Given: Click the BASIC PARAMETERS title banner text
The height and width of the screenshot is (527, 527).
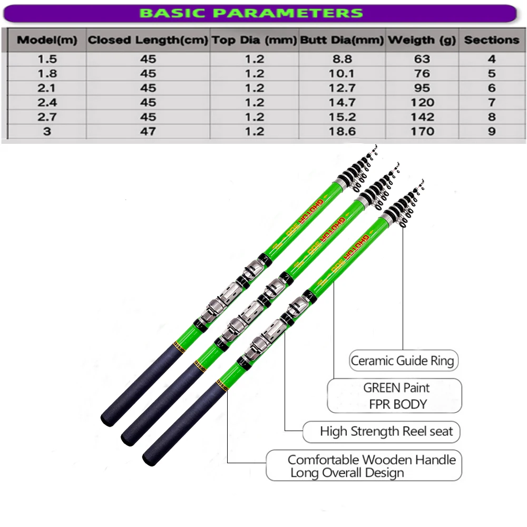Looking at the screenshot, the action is [x=251, y=13].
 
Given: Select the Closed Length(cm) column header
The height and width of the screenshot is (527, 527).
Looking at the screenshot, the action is [x=148, y=40].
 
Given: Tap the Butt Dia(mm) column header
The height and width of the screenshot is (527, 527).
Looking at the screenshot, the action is [x=342, y=40].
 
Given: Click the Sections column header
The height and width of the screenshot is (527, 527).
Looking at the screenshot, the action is [x=492, y=40].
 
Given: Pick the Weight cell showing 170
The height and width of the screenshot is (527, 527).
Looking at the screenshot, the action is [x=422, y=131].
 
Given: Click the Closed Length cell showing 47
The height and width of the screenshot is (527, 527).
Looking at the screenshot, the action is [x=148, y=131].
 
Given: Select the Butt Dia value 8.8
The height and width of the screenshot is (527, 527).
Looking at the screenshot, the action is [x=342, y=59].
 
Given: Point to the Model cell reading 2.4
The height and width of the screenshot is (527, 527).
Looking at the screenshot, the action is [x=47, y=103].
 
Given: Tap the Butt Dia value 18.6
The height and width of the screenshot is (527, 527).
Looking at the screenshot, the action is [x=342, y=131].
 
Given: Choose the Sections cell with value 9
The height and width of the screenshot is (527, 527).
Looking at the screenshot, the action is [x=492, y=131].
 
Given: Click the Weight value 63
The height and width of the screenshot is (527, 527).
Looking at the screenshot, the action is [x=422, y=59].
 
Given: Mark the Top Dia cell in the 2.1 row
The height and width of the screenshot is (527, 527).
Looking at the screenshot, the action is [x=255, y=88].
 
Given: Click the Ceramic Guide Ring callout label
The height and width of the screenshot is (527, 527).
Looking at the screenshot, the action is [x=403, y=360].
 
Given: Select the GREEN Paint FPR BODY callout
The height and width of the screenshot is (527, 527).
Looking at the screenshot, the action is [x=394, y=396].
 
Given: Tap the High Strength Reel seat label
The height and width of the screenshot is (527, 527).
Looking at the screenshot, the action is [x=381, y=432].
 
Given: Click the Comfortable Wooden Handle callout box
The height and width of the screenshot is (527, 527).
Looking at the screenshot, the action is [x=364, y=465].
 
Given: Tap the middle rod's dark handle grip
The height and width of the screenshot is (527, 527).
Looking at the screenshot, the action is [x=163, y=404].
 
